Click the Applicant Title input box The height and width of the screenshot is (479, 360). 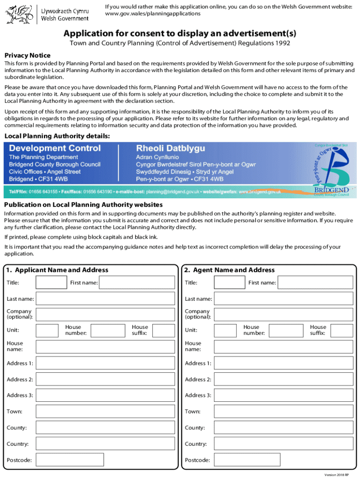(51, 283)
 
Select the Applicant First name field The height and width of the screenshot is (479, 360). (137, 283)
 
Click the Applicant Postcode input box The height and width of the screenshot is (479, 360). (106, 460)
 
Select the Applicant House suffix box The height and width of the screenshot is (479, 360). (164, 330)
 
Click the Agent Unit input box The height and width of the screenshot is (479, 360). (225, 330)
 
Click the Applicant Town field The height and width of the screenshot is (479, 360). (106, 412)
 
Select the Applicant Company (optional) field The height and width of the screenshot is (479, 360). (106, 314)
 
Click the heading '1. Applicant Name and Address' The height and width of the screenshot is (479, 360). (57, 270)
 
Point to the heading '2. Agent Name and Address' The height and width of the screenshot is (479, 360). (230, 270)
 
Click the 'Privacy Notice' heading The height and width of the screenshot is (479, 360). (27, 55)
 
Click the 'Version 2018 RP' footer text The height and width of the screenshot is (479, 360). (339, 475)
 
